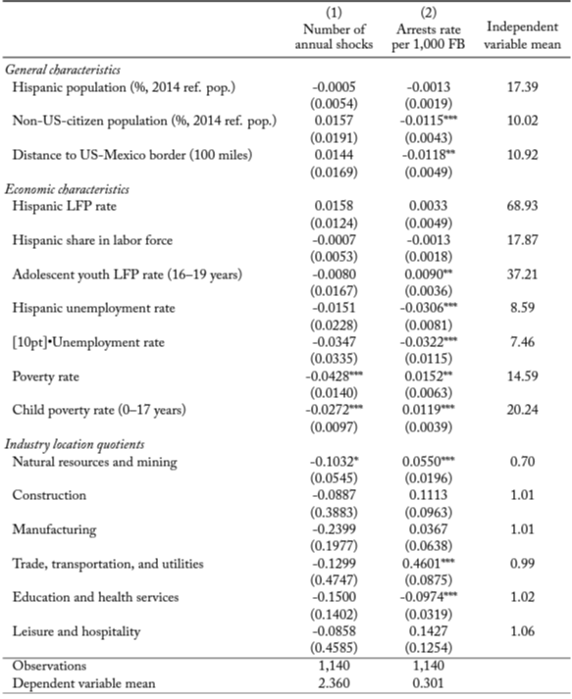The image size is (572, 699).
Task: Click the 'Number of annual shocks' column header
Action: point(334,36)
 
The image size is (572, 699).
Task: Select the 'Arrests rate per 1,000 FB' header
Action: point(429,36)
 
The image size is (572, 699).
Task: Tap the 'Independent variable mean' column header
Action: point(522,34)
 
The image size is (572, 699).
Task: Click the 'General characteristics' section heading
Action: point(63,70)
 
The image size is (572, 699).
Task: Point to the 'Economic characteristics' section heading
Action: point(67,189)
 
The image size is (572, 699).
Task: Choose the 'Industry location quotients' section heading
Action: point(75,444)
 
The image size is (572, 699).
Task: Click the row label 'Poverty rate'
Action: point(45,376)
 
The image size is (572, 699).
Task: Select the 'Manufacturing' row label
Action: point(54,529)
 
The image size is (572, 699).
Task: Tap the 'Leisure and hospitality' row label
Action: point(77,631)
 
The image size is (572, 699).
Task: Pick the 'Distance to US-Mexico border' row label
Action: point(132,155)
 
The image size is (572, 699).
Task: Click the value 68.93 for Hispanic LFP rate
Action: point(522,206)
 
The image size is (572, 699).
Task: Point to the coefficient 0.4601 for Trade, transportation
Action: point(429,564)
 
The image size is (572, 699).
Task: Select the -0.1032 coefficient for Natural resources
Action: point(335,462)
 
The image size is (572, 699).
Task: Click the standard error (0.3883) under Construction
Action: point(334,513)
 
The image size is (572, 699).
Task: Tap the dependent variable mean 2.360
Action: point(334,683)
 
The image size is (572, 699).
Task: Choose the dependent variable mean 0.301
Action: point(429,683)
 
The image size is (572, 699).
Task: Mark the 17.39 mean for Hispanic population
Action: point(522,86)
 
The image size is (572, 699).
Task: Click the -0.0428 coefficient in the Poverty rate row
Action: point(334,376)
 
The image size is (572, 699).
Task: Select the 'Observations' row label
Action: point(49,666)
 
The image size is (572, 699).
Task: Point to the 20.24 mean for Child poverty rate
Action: point(522,410)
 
